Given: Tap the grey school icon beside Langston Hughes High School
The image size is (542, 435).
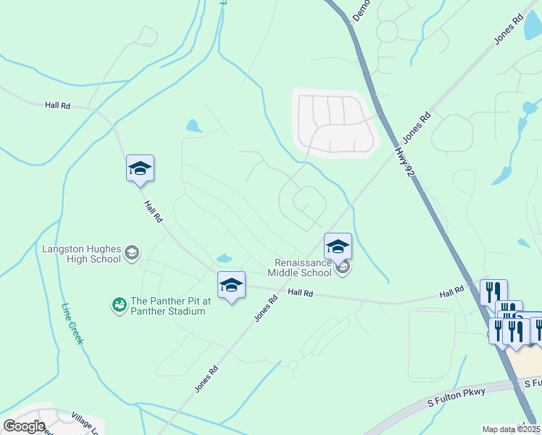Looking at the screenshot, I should tap(132, 252).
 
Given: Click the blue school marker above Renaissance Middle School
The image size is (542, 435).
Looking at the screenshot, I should tap(338, 247).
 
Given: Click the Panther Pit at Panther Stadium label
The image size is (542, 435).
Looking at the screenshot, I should tap(167, 306).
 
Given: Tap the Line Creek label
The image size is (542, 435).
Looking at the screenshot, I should tap(73, 323).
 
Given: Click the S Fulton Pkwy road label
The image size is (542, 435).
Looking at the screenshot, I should tap(456, 398).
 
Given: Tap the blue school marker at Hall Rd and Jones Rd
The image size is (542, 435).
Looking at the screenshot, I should tap(231, 285).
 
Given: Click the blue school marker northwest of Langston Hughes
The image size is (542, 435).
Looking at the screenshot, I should tap(140, 169).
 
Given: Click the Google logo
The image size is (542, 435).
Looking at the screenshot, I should tap(25, 426).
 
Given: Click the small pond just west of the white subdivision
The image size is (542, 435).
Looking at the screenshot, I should tap(193, 125).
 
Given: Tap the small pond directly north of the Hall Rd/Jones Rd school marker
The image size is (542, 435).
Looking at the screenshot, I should tap(224, 258).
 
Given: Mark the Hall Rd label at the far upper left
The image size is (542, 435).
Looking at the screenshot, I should tap(57, 105).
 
